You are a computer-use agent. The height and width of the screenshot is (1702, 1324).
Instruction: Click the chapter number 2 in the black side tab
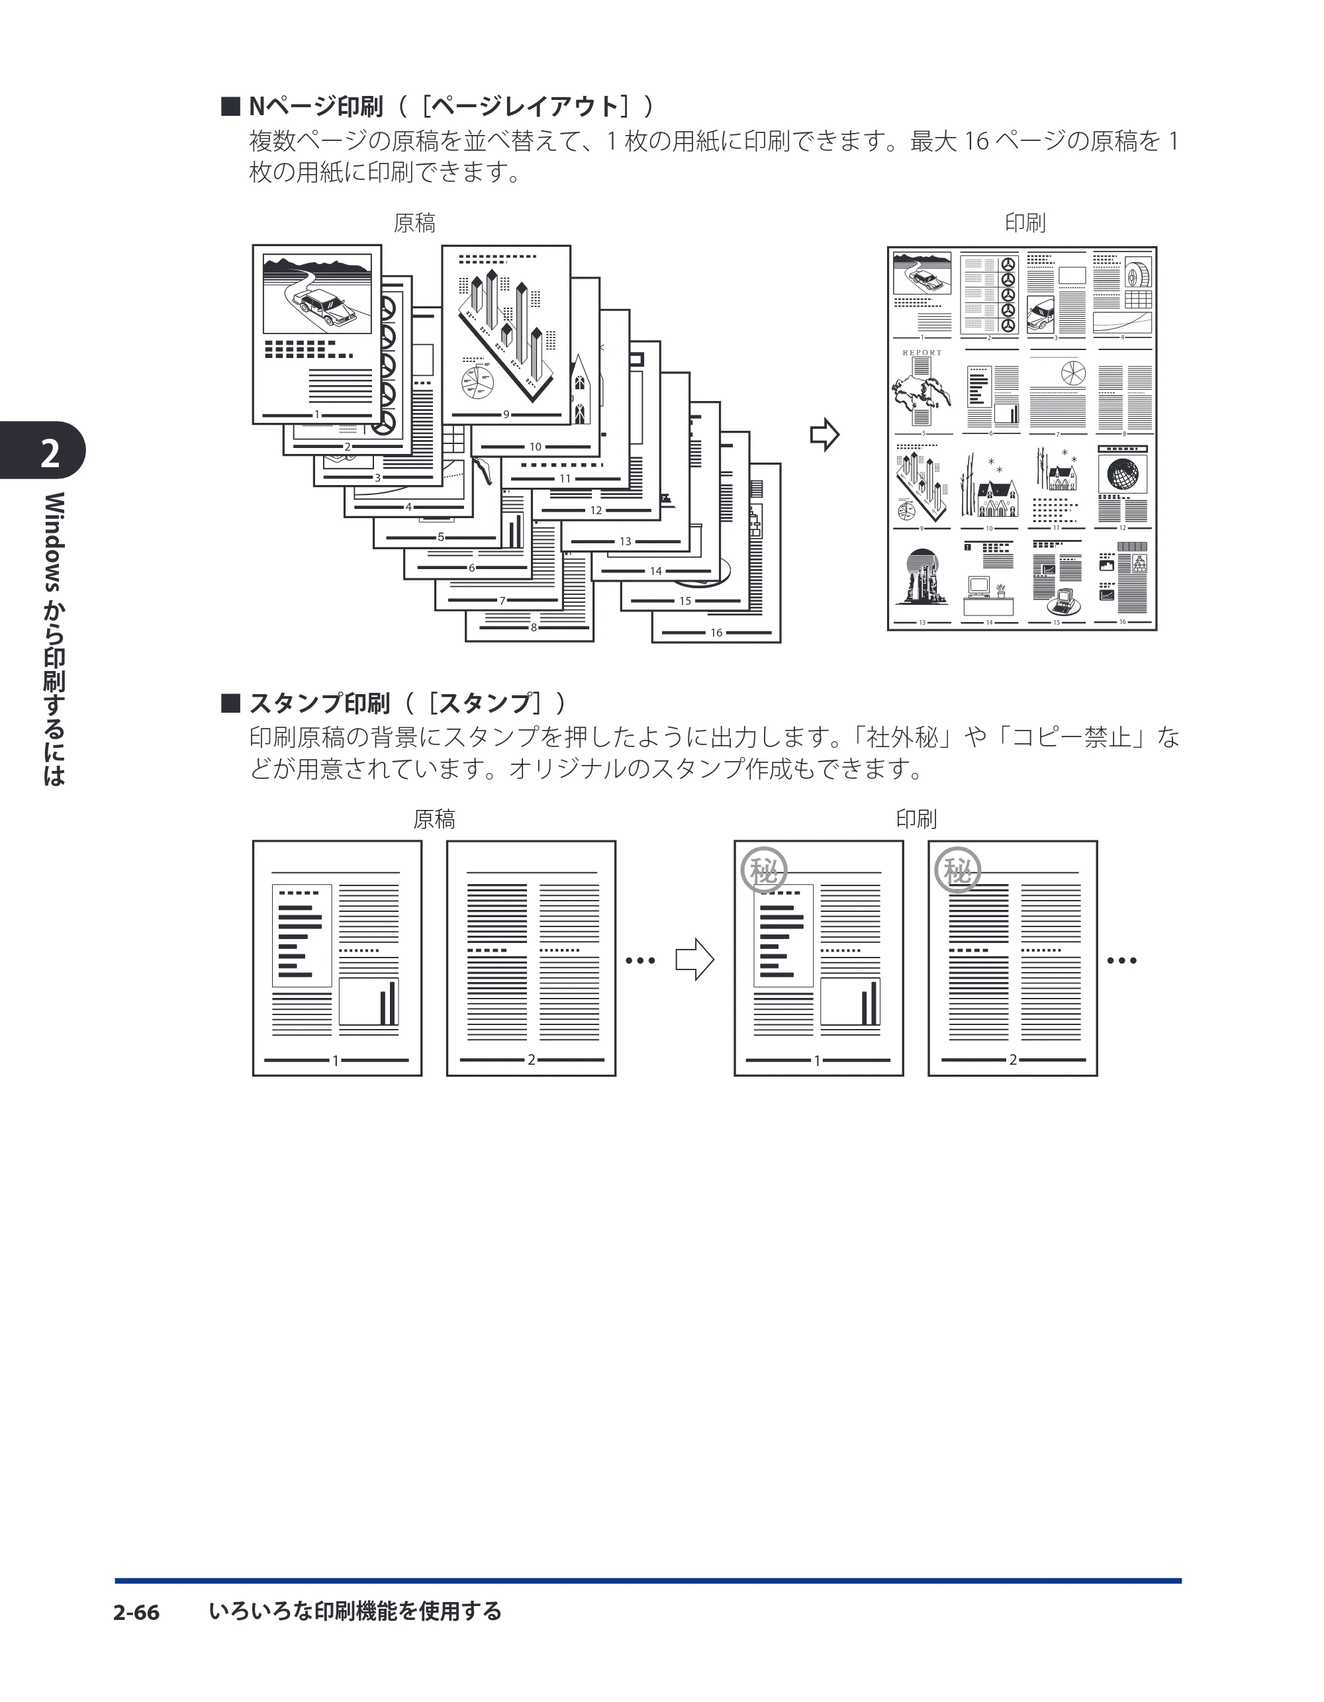pos(50,453)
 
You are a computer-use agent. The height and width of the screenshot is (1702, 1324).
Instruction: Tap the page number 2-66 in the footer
pos(136,1613)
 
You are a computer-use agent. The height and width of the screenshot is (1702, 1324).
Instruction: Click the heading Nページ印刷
pos(316,105)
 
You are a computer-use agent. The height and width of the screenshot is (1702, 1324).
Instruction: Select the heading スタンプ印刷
pos(320,703)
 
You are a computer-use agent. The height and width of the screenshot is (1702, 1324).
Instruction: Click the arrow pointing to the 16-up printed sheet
pos(824,435)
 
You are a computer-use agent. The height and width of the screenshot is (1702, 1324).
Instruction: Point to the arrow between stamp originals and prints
pos(694,960)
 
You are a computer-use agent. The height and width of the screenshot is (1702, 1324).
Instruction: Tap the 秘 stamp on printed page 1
pos(763,870)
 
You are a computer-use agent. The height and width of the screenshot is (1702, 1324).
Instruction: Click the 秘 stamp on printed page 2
pos(957,870)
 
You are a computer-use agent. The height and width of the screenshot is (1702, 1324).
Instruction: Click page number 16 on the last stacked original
pos(716,633)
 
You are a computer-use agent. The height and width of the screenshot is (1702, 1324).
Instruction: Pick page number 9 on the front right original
pos(506,415)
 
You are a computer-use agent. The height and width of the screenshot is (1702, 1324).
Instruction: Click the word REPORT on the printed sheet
pos(922,353)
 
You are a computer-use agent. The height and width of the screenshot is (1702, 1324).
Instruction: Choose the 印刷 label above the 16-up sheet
pos(1025,223)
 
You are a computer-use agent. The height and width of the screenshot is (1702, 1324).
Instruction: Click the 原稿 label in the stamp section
pos(434,819)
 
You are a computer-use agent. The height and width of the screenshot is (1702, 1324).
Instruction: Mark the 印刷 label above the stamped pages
pos(916,819)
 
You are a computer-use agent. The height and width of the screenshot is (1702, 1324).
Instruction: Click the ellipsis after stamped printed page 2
pos(1122,961)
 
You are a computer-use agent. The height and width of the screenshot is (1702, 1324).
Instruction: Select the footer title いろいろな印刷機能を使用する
pos(355,1611)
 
